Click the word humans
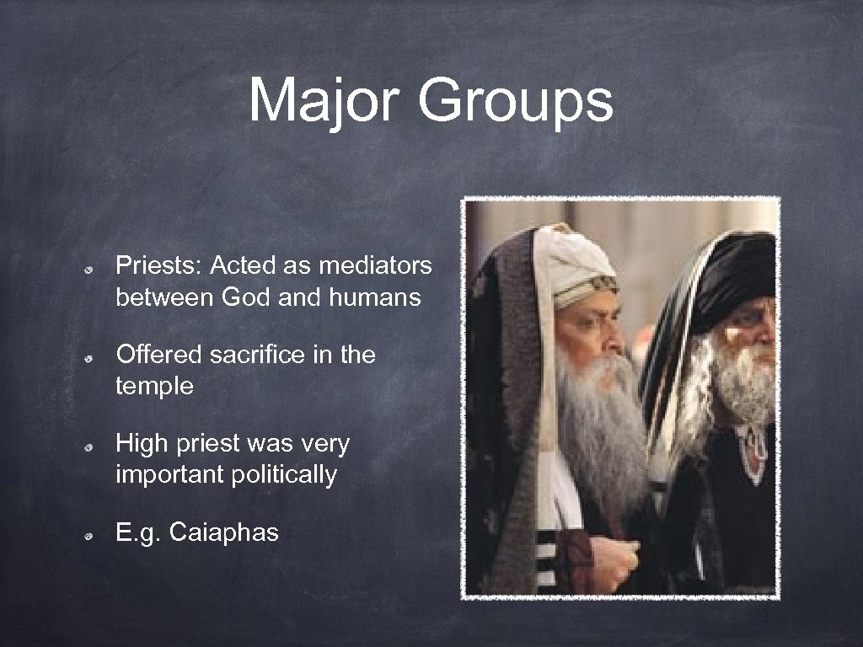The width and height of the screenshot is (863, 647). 378,297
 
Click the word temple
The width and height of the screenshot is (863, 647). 155,387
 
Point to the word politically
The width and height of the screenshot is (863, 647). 282,475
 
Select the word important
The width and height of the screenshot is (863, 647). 169,475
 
